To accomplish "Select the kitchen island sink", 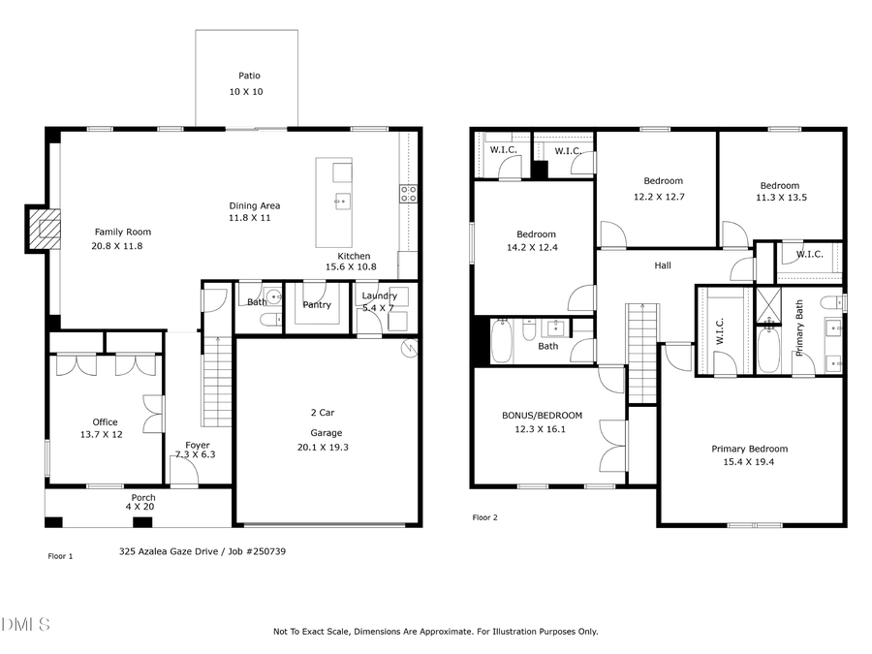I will pos(342,202).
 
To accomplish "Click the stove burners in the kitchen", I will pos(409,193).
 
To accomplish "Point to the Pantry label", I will pos(316,304).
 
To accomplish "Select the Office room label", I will pos(105,422).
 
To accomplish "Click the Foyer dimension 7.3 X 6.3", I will pos(197,454).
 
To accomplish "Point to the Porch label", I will pos(142,498).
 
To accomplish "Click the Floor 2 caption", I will pos(484,517).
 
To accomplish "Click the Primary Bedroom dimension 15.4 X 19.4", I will pos(749,463).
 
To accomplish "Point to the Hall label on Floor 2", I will pos(662,265).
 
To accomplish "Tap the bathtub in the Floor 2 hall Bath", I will pos(501,341).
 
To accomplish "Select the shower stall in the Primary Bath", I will pos(766,304).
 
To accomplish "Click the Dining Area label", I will pos(254,205).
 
